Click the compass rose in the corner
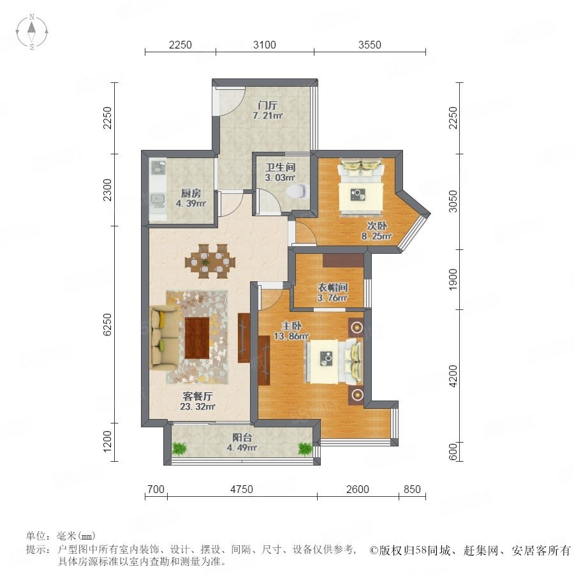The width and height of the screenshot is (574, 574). [x=32, y=31]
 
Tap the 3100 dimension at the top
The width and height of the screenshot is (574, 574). [x=264, y=45]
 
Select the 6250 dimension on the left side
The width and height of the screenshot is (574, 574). [x=107, y=325]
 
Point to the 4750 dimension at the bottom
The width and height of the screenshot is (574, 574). [x=242, y=489]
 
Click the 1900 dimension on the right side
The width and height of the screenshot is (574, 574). [x=453, y=279]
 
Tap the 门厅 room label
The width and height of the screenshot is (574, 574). [x=268, y=105]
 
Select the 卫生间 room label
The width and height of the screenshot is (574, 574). [x=281, y=167]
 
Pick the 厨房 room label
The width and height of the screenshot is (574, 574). [x=191, y=193]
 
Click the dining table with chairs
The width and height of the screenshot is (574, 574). [x=210, y=261]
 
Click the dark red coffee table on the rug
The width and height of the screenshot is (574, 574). [x=197, y=338]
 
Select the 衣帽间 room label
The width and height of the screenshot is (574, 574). [x=332, y=288]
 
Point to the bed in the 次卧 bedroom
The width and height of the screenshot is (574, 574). [x=361, y=187]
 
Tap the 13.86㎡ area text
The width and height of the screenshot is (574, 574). [x=291, y=335]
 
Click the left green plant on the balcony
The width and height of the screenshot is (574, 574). [x=179, y=448]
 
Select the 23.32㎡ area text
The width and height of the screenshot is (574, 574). [x=197, y=406]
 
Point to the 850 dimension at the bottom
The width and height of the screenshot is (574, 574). [x=412, y=489]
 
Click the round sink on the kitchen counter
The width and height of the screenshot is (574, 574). [x=158, y=168]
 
